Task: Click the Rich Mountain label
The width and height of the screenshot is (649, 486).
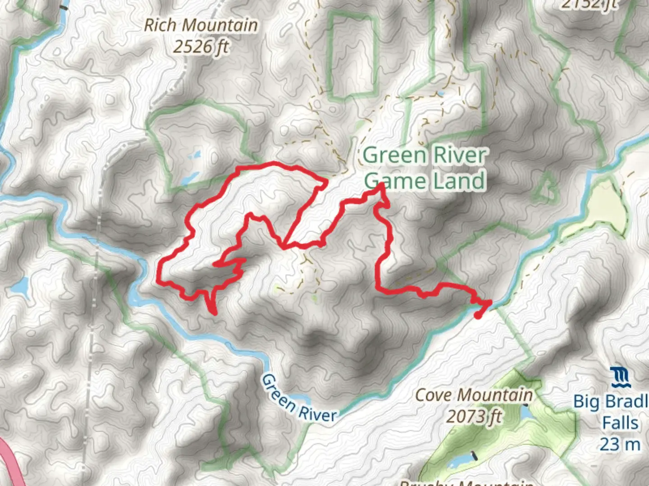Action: point(201,25)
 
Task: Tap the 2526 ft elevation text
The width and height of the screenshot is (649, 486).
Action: point(201,46)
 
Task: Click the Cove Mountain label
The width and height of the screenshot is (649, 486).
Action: point(474,396)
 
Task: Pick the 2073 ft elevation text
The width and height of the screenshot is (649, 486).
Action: point(474,417)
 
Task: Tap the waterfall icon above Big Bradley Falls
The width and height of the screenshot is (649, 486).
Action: point(620,378)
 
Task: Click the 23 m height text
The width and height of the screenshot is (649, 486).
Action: point(620,445)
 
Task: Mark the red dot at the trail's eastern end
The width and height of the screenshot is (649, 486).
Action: point(478,315)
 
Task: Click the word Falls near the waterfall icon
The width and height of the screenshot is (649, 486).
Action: point(620,423)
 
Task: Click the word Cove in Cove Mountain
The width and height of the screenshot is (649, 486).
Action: point(433,396)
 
